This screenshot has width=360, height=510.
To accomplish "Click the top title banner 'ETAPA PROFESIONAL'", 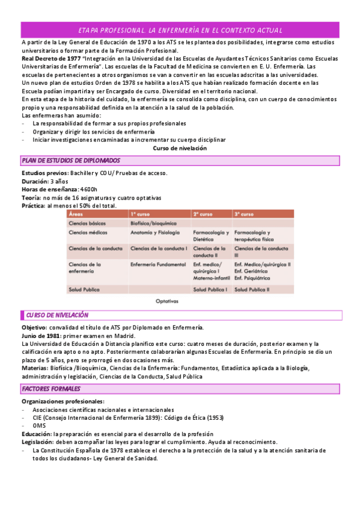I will pos(180,30).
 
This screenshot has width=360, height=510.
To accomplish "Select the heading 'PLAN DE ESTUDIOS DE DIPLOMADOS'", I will pos(71,161).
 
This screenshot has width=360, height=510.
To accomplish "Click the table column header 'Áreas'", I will pos(76,214).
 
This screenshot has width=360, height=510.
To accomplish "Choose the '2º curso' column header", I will pos(203,214).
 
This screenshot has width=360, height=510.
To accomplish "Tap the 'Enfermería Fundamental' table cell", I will pos(156,264).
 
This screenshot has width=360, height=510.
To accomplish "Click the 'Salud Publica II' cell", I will pos(252,289).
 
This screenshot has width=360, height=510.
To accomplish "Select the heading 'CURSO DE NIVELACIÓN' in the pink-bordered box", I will pos(58,315).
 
